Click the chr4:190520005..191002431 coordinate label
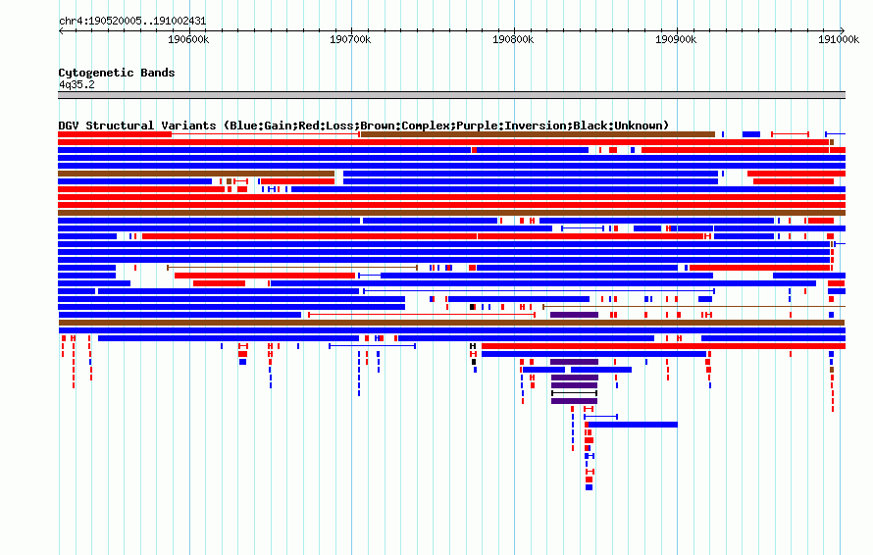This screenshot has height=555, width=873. click(132, 22)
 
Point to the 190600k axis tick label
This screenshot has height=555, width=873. click(188, 39)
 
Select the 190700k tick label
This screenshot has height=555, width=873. click(350, 39)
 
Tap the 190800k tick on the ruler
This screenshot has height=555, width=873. click(513, 39)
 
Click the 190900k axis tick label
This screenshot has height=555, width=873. click(676, 39)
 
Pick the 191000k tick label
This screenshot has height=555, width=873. click(839, 39)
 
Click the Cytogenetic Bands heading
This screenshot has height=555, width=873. click(117, 73)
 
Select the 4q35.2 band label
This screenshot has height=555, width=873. click(77, 84)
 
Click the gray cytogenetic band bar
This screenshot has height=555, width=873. click(451, 95)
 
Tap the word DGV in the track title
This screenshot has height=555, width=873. click(69, 126)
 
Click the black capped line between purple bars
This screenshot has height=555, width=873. click(575, 393)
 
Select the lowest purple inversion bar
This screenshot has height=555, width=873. click(575, 401)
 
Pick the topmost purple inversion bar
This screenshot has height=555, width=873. click(575, 315)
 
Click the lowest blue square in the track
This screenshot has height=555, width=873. click(590, 487)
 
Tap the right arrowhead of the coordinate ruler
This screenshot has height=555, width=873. click(843, 30)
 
